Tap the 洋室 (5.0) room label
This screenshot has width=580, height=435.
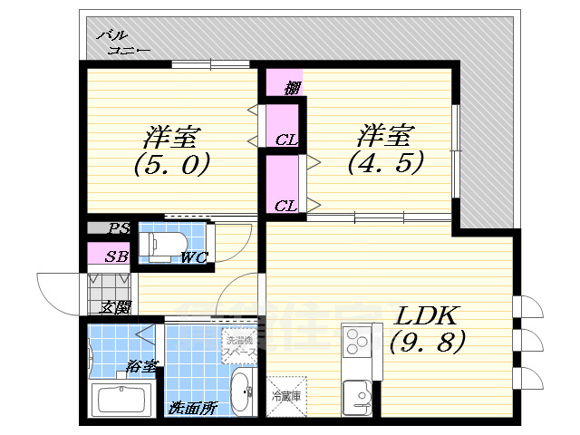172,151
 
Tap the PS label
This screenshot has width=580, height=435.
119,228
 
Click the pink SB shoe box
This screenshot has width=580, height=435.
112,255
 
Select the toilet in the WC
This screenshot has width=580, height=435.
166,242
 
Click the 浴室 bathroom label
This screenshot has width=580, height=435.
142,367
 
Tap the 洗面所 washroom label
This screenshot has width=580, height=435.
193,409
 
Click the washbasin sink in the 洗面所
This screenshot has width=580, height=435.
242,391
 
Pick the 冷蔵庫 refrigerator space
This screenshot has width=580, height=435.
287,397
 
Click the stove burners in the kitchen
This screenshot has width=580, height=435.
355,342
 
